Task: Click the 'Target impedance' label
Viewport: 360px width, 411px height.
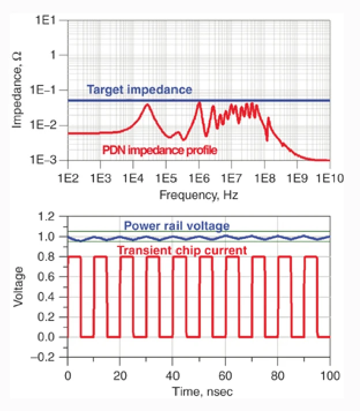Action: pos(139,90)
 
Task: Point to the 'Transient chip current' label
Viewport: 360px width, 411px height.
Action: pos(182,250)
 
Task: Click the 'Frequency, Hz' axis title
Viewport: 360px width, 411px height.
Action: pos(198,195)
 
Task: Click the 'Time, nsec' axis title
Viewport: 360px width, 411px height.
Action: pos(198,391)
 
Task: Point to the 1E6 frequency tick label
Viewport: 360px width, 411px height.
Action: pos(198,177)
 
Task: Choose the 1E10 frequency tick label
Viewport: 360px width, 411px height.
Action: pos(329,177)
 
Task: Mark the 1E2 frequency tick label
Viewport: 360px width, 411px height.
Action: pos(67,177)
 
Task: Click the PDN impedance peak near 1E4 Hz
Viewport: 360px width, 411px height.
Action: pos(147,104)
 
